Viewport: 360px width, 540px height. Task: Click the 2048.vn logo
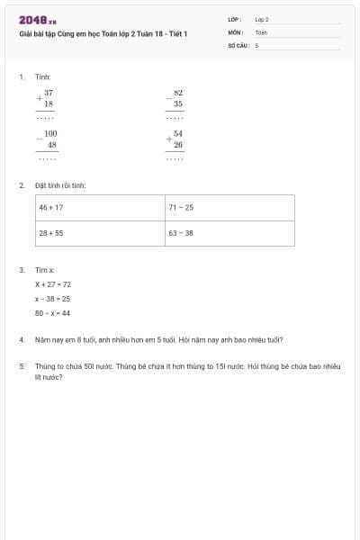click(37, 20)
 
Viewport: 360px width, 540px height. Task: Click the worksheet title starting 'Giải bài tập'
click(103, 33)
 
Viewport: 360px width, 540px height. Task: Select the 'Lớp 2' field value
click(262, 19)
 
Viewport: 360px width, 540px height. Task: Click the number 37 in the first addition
click(48, 93)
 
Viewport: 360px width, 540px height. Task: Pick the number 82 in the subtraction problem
click(178, 93)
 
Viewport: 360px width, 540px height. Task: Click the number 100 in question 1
click(50, 133)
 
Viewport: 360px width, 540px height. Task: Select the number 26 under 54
click(178, 144)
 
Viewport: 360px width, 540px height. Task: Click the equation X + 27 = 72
click(53, 283)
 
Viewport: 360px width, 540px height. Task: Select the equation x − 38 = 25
click(52, 298)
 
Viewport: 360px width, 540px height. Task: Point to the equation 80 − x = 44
click(52, 313)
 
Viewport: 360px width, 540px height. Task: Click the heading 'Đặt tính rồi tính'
click(60, 185)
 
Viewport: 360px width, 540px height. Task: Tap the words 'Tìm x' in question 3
click(45, 269)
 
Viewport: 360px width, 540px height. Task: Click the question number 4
click(21, 340)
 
